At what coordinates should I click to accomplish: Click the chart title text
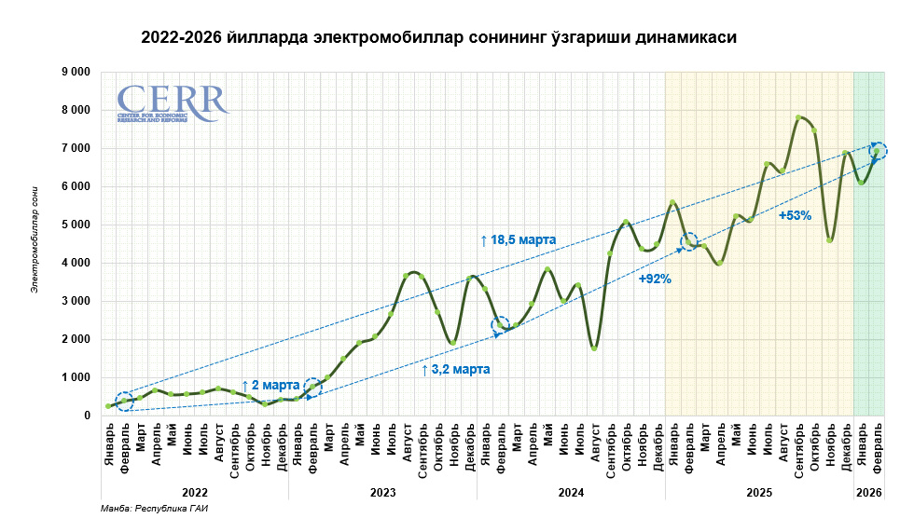(438, 38)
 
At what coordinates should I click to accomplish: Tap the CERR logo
(172, 102)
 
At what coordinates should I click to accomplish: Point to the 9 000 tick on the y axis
(74, 72)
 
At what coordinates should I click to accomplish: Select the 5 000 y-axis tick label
(74, 225)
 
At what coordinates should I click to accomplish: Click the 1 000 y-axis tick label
(74, 377)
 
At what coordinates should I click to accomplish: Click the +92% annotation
(655, 279)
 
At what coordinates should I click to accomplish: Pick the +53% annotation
(795, 215)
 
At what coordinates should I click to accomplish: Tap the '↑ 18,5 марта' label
(518, 240)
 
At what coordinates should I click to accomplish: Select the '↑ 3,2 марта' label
(455, 370)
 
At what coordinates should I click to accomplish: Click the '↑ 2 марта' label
(270, 385)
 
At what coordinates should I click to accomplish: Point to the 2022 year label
(195, 491)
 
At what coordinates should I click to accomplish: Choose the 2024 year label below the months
(571, 491)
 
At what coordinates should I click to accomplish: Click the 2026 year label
(869, 491)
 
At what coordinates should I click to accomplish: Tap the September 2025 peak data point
(798, 117)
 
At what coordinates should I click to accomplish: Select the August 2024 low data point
(594, 348)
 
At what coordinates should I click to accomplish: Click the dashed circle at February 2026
(878, 151)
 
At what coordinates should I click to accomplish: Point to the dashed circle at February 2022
(124, 402)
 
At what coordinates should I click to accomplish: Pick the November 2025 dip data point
(829, 240)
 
